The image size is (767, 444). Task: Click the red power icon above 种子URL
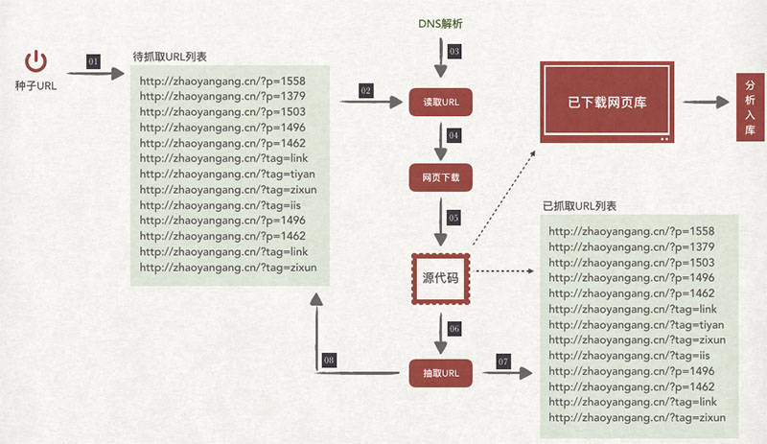[x=35, y=61]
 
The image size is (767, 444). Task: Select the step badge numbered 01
[x=93, y=61]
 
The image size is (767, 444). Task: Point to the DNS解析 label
[x=441, y=23]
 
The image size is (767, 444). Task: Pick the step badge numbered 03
[x=454, y=50]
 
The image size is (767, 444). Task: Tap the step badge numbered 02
[x=365, y=90]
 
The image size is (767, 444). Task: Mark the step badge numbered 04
[x=454, y=136]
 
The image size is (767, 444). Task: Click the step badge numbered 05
[x=454, y=218]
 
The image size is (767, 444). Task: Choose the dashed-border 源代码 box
[x=441, y=279]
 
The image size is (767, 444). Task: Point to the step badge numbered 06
[x=454, y=329]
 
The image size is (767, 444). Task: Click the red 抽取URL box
[x=441, y=372]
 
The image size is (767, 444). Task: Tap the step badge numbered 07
[x=502, y=362]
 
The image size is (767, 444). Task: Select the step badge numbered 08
[x=329, y=360]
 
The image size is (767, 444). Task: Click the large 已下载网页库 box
[x=607, y=102]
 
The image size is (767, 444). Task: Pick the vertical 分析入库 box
[x=750, y=105]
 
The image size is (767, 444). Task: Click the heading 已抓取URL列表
[x=579, y=207]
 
